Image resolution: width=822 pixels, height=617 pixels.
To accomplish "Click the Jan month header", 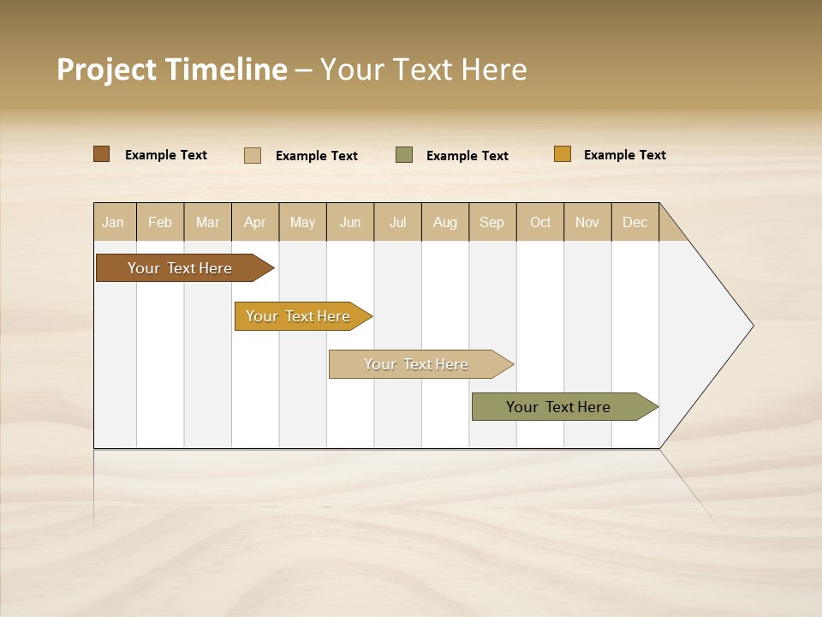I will click(x=114, y=222).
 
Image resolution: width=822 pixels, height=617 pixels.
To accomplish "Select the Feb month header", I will click(x=160, y=222).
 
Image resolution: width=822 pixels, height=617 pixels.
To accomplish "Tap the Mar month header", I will click(x=207, y=222).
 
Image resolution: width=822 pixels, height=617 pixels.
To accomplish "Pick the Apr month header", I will click(x=255, y=222).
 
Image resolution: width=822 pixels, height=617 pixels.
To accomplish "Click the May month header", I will click(x=302, y=222).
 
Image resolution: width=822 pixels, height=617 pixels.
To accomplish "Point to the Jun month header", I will click(x=350, y=222).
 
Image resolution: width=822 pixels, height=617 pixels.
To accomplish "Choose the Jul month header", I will click(x=397, y=222).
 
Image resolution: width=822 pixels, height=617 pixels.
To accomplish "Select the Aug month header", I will click(x=445, y=222).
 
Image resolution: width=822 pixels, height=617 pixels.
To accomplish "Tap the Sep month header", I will click(x=492, y=222).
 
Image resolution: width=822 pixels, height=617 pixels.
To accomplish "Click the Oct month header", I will click(x=540, y=222).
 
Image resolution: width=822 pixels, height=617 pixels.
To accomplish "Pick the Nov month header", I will click(x=587, y=222).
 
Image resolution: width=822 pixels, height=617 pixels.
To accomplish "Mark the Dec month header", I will click(x=635, y=222).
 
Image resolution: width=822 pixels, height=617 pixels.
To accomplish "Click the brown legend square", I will click(x=101, y=154).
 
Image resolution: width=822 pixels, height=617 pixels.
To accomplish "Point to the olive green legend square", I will click(x=404, y=155).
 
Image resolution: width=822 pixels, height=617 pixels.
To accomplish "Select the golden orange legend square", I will click(x=562, y=154).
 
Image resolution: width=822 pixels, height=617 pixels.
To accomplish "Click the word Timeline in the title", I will click(x=226, y=69).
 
